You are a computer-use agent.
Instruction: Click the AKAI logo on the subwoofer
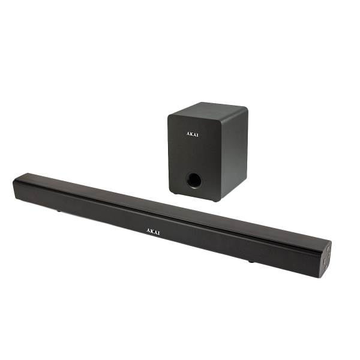pyautogui.click(x=192, y=134)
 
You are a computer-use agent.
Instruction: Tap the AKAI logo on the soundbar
pyautogui.click(x=153, y=232)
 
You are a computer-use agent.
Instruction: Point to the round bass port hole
pyautogui.click(x=194, y=181)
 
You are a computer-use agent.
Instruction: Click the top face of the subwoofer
pyautogui.click(x=208, y=110)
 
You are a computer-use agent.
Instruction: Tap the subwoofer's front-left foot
pyautogui.click(x=174, y=193)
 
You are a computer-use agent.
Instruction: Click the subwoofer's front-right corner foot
pyautogui.click(x=215, y=200)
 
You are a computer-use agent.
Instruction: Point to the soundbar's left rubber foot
pyautogui.click(x=59, y=211)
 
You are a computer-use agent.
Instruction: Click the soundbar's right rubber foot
pyautogui.click(x=251, y=261)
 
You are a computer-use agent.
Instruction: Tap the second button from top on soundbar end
pyautogui.click(x=329, y=254)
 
